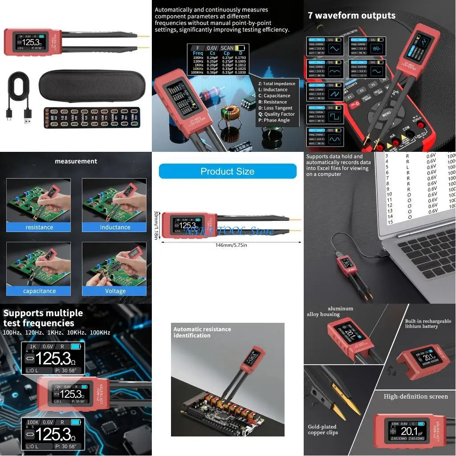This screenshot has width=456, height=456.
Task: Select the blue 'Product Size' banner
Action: (x=227, y=171)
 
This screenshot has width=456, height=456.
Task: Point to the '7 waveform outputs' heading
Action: (x=351, y=16)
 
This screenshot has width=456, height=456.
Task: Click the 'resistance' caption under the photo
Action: (x=39, y=227)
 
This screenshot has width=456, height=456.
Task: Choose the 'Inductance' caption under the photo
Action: (x=115, y=227)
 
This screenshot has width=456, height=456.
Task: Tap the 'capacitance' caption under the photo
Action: (x=39, y=291)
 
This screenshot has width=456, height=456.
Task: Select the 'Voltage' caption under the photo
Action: (x=115, y=291)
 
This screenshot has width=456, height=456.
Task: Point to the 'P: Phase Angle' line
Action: (x=274, y=120)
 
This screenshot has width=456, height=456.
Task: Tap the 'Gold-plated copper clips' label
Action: (x=323, y=429)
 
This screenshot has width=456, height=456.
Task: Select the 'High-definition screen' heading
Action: (x=415, y=396)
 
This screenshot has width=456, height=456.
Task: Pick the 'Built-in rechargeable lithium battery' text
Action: (x=428, y=323)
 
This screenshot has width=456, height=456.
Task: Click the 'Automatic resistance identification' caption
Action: (x=202, y=332)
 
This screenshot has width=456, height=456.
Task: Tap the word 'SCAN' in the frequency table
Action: (x=227, y=48)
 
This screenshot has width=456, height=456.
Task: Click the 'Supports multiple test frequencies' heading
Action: (x=43, y=318)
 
